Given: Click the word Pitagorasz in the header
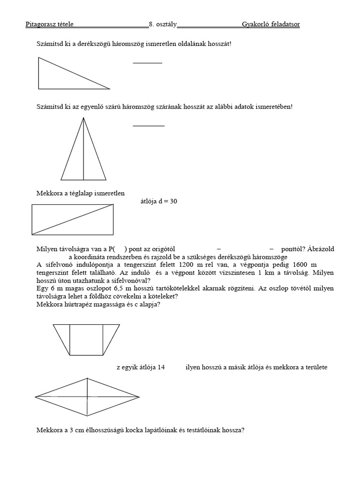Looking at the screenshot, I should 40,24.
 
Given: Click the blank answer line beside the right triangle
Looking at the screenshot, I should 147,62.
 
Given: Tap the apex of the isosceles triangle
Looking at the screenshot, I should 83,118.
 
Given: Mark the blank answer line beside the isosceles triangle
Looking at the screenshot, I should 149,126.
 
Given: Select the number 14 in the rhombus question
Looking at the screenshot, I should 160,367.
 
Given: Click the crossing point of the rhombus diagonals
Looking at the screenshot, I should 87,397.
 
